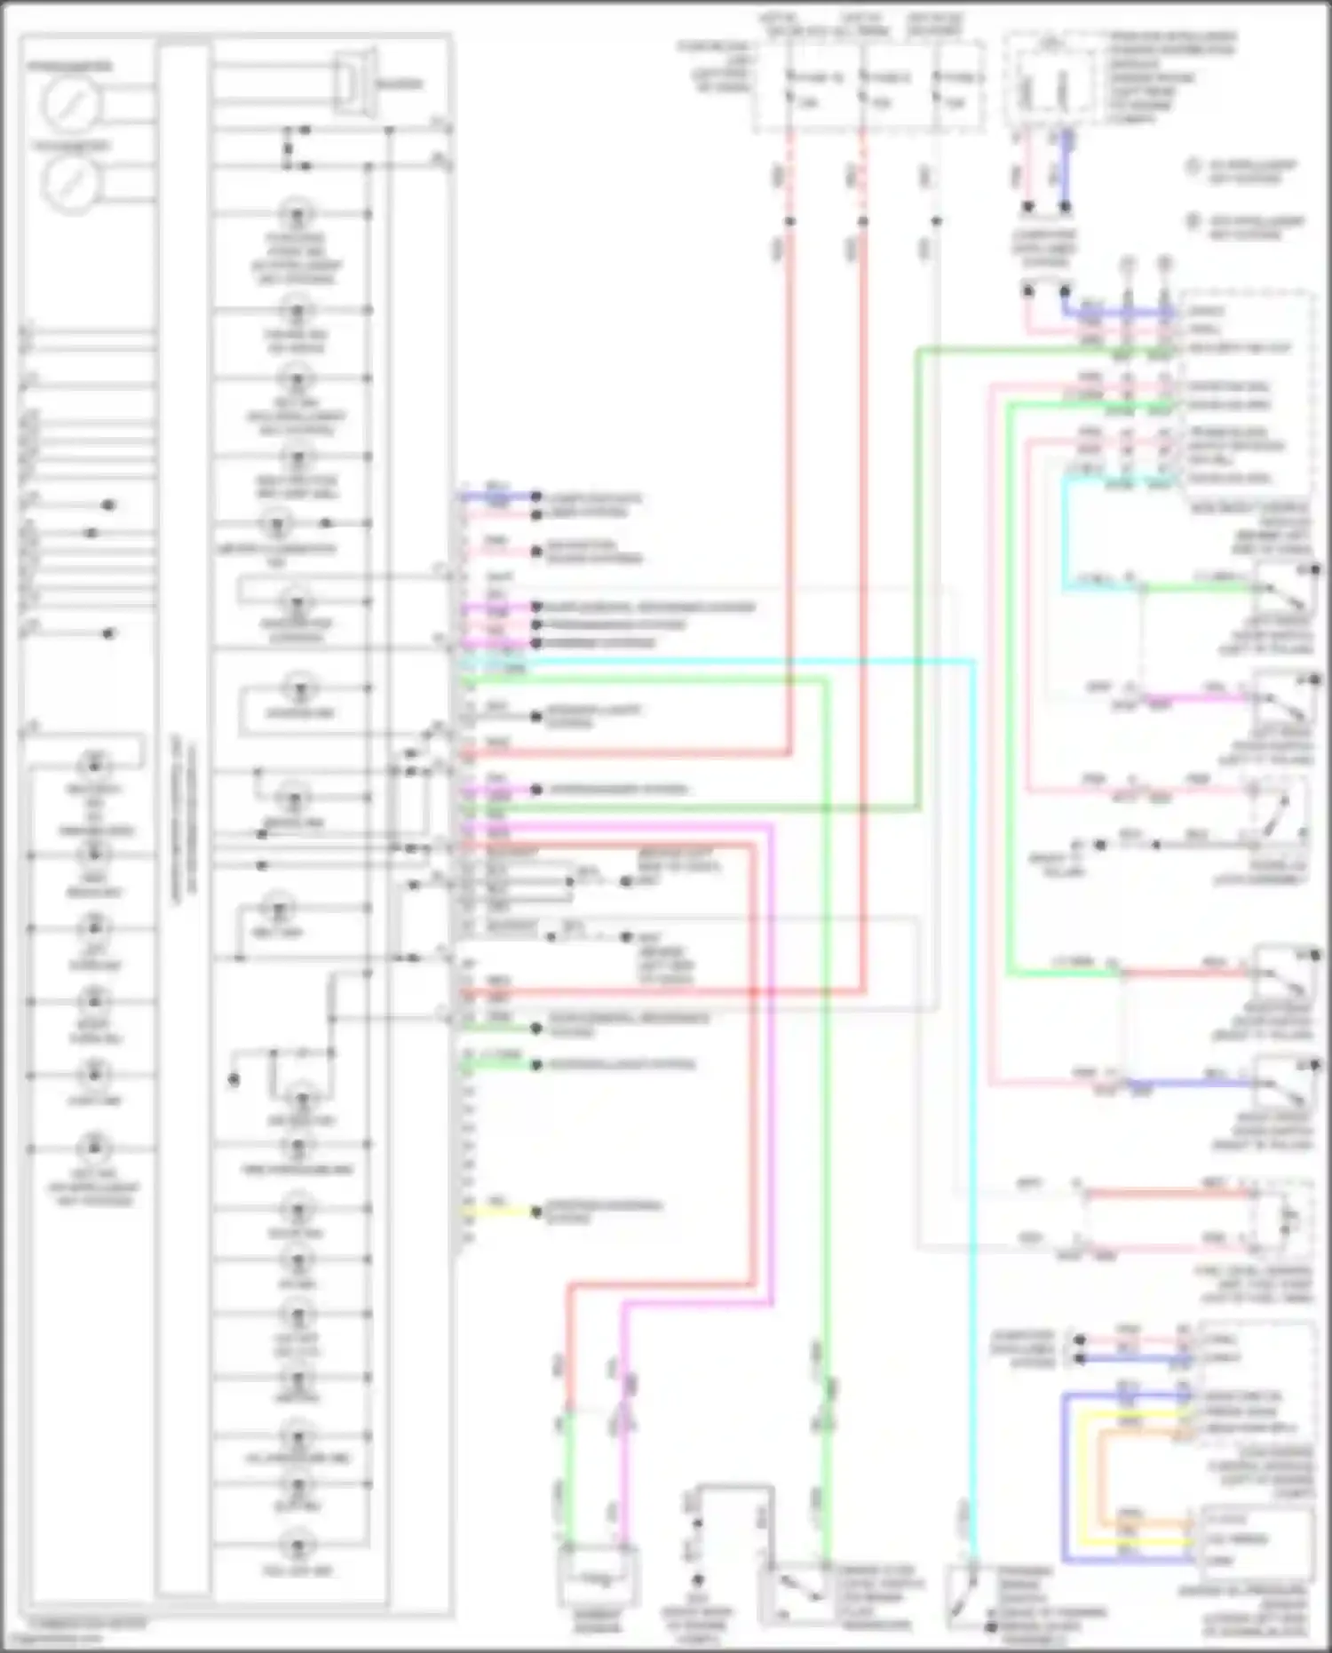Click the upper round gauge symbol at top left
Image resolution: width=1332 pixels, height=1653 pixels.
[x=70, y=104]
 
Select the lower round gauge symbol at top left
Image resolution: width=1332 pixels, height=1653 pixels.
[x=70, y=184]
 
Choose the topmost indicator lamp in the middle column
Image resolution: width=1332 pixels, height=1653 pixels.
[x=297, y=214]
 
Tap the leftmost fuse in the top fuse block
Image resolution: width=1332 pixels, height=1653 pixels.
[x=789, y=89]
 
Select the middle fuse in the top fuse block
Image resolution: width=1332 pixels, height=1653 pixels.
[x=862, y=89]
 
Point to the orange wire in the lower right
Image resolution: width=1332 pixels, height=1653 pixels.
[x=1101, y=1474]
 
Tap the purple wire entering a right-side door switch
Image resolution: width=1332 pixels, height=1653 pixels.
[x=1199, y=698]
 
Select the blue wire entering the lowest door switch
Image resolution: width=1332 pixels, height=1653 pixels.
[x=1190, y=1084]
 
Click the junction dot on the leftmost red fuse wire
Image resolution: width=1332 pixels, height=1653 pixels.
[x=789, y=220]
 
